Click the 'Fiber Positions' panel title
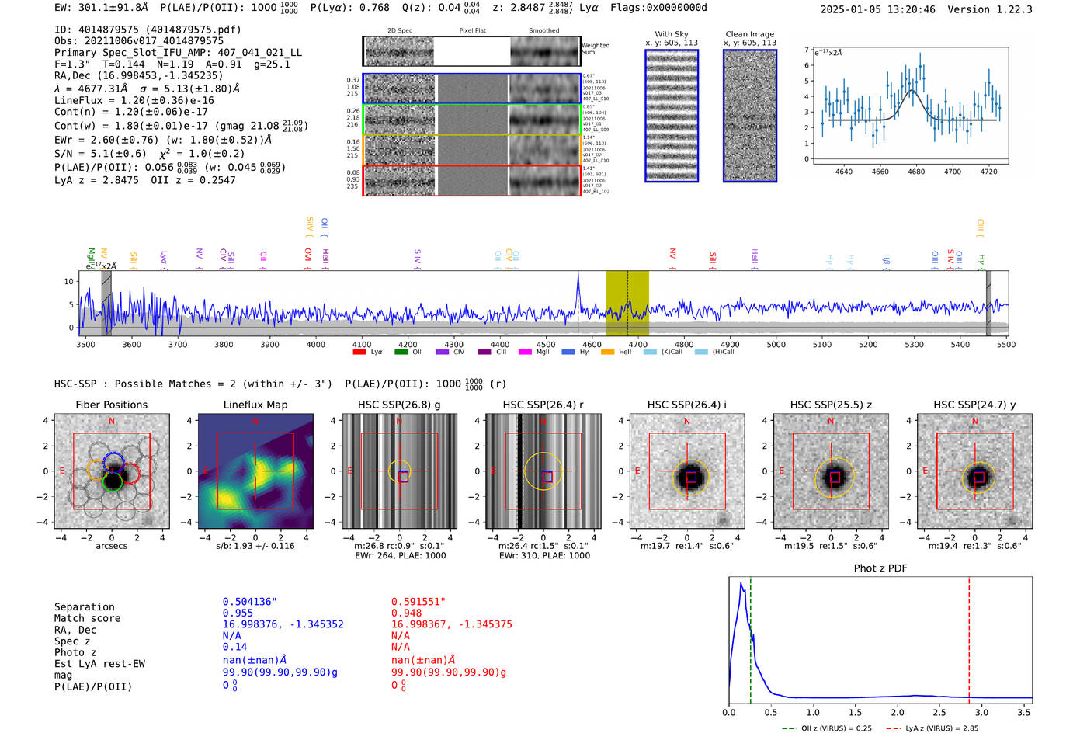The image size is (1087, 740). (111, 405)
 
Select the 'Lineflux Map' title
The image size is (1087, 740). (255, 405)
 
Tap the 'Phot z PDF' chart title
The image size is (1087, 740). (880, 568)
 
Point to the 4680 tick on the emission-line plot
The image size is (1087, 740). (916, 172)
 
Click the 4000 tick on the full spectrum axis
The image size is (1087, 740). (315, 344)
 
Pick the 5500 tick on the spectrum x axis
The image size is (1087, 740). (1006, 344)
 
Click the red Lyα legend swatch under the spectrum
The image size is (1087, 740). (359, 353)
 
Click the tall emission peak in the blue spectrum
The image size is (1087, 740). (578, 276)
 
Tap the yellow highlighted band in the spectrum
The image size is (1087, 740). (627, 303)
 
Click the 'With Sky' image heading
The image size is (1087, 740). (672, 34)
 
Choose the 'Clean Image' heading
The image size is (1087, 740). (749, 34)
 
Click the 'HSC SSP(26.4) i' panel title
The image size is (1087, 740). (686, 405)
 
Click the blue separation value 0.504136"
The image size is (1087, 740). (249, 602)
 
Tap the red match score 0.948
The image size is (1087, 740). (407, 613)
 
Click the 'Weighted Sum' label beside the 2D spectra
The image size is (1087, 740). (595, 49)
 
